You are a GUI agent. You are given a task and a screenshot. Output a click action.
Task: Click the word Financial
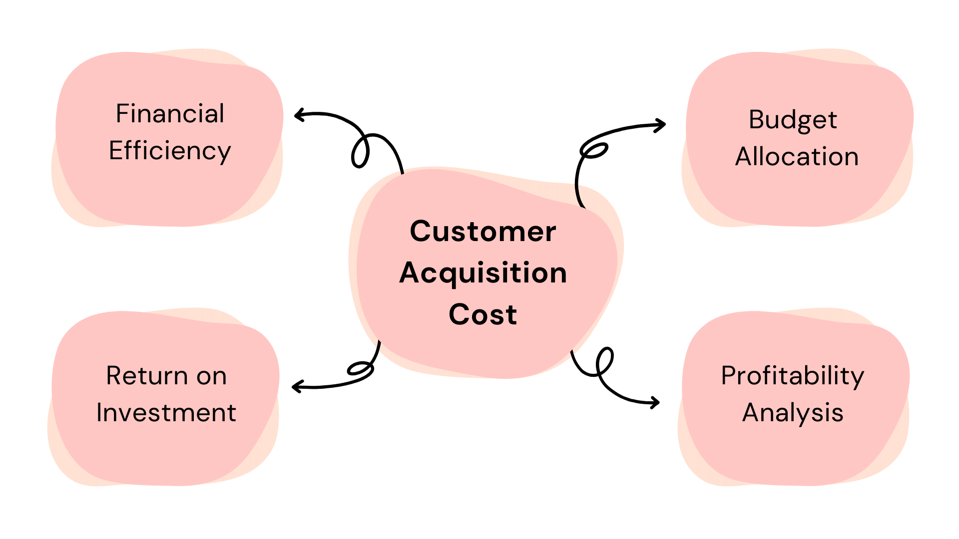[170, 114]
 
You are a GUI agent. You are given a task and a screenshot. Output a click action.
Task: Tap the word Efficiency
[170, 151]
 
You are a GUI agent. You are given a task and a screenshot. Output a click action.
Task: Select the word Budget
[793, 120]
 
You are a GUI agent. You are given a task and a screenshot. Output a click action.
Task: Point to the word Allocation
[797, 157]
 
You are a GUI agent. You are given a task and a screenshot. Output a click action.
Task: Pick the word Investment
[166, 413]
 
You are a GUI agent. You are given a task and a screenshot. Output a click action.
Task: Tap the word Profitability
[792, 376]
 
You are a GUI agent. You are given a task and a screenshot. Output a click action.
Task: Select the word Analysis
[793, 413]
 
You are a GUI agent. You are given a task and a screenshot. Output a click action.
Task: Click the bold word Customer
[482, 232]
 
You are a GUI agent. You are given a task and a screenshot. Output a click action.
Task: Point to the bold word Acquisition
[482, 273]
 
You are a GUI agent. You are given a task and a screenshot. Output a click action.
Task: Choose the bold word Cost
[482, 314]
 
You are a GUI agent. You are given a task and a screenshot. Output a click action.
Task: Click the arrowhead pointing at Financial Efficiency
[298, 116]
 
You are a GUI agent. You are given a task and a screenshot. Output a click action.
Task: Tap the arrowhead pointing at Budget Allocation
[662, 124]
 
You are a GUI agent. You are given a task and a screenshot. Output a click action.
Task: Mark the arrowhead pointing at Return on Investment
[296, 386]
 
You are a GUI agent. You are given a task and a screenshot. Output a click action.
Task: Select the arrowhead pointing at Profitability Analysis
[656, 402]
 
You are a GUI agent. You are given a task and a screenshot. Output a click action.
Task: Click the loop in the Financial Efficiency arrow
[360, 152]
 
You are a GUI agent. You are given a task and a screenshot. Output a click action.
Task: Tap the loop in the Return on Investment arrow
[360, 369]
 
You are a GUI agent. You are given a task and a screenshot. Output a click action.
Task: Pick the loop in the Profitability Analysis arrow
[604, 362]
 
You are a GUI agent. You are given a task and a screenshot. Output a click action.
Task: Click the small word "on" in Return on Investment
[211, 376]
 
